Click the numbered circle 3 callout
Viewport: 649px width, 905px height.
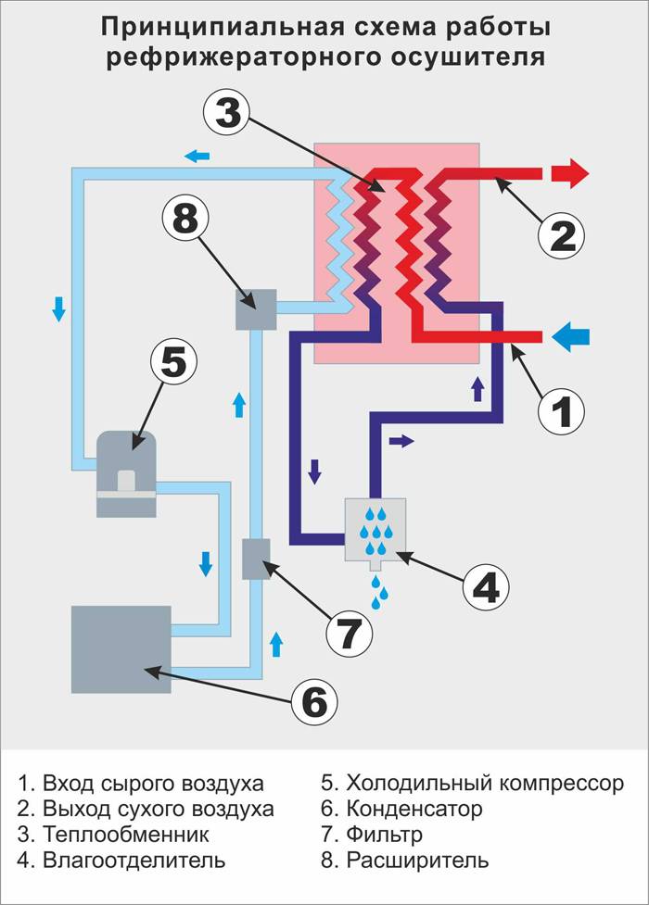coord(228,113)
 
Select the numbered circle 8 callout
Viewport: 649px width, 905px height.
coord(185,220)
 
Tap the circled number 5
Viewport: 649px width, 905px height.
coord(173,362)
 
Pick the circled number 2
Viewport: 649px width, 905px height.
coord(561,236)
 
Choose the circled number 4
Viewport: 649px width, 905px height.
coord(486,587)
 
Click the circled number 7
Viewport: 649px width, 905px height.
coord(350,633)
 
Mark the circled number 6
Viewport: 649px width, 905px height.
coord(314,702)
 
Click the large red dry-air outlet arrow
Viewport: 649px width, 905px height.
coord(570,173)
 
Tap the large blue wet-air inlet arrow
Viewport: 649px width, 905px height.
coord(570,336)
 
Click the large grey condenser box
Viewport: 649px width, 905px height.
coord(121,649)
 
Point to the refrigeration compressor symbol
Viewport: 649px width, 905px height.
coord(127,474)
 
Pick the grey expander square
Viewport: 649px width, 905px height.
coord(256,309)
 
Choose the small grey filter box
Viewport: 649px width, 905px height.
coord(256,559)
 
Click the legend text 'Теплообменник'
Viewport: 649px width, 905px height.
coord(126,835)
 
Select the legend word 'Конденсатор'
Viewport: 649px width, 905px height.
coord(414,809)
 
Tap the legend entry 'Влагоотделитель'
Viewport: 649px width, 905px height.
coord(134,861)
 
